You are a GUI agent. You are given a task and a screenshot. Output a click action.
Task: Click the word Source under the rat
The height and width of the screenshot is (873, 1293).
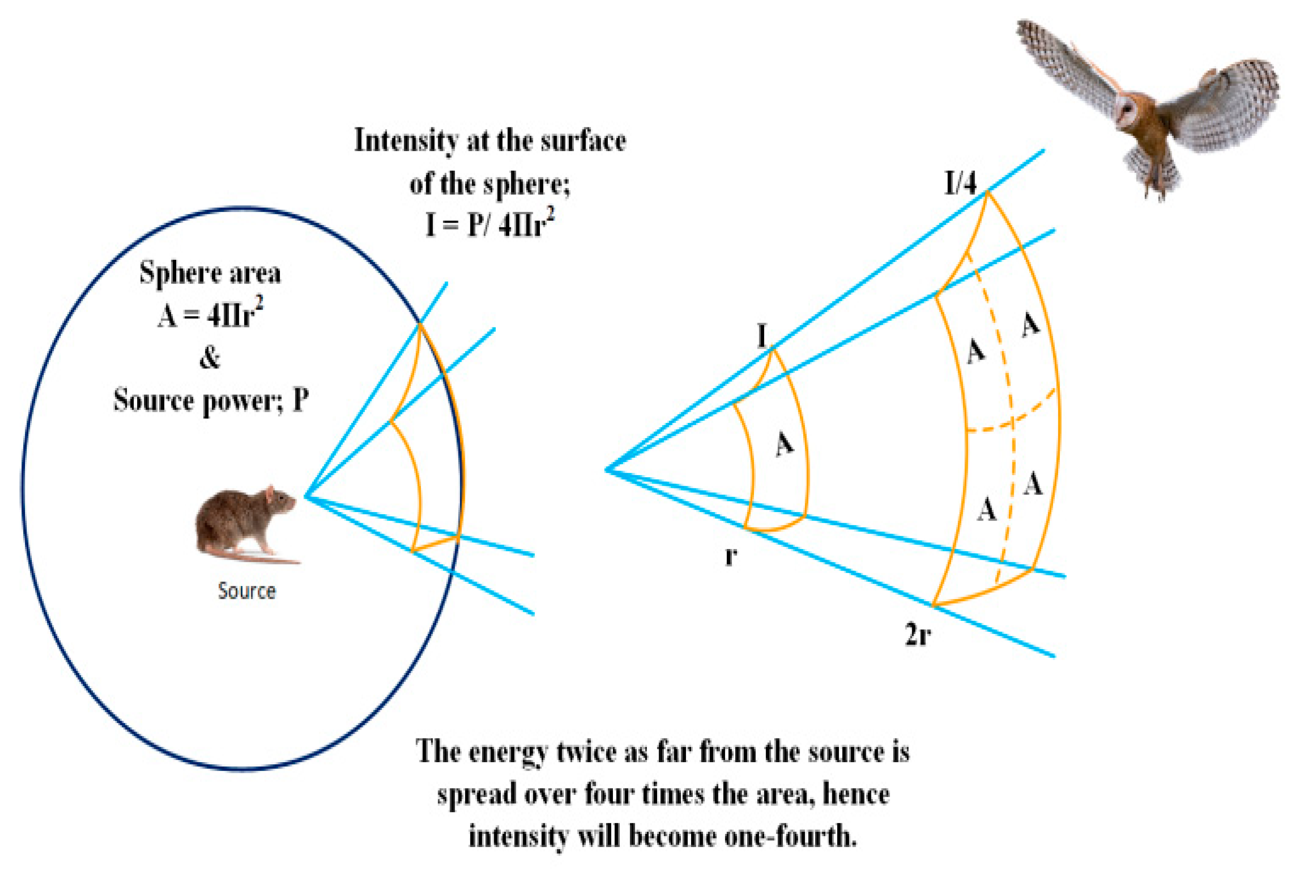pyautogui.click(x=247, y=591)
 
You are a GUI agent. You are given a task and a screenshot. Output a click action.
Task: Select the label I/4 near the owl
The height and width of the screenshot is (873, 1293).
pyautogui.click(x=960, y=183)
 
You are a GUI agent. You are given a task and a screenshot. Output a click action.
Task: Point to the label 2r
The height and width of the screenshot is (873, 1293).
pyautogui.click(x=918, y=635)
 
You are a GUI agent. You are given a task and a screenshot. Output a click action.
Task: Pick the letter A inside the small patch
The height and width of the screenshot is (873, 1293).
pyautogui.click(x=784, y=443)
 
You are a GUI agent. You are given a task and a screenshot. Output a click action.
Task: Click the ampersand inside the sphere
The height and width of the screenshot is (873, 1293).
pyautogui.click(x=210, y=358)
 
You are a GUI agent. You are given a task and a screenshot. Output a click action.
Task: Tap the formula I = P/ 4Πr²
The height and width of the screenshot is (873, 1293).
pyautogui.click(x=489, y=224)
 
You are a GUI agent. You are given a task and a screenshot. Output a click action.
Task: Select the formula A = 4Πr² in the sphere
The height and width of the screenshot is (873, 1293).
pyautogui.click(x=210, y=314)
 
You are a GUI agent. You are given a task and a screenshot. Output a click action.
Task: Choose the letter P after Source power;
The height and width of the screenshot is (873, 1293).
pyautogui.click(x=301, y=400)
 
